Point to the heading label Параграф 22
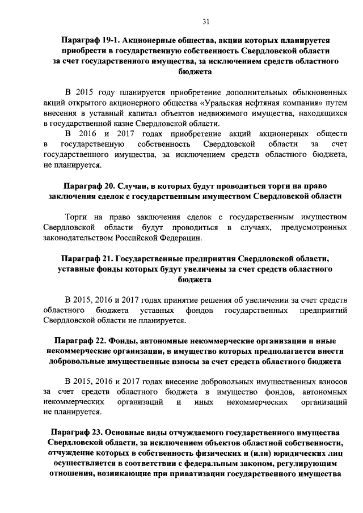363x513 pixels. tap(81, 341)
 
